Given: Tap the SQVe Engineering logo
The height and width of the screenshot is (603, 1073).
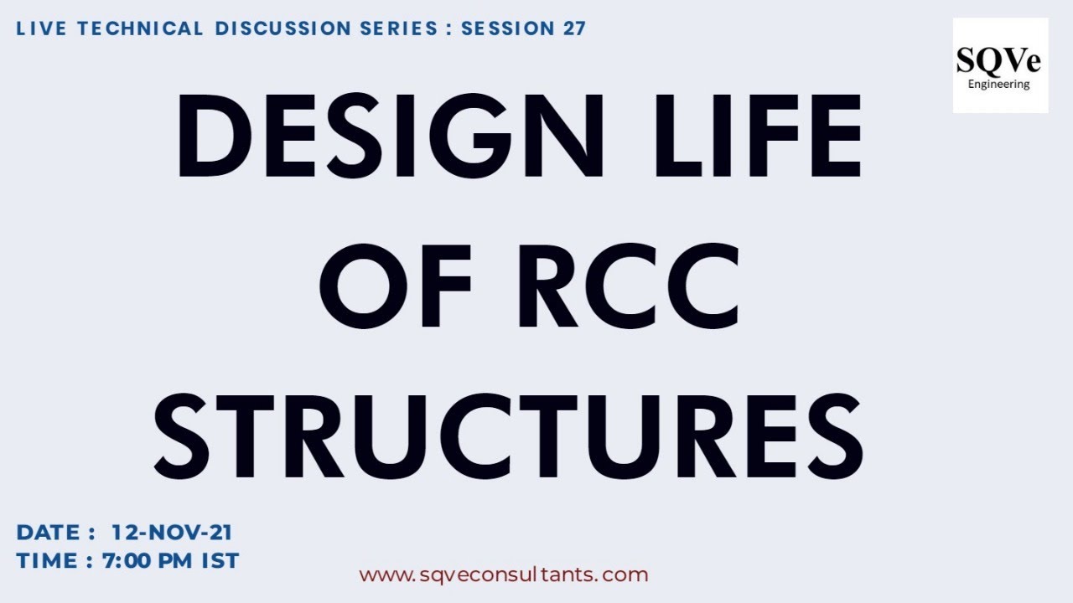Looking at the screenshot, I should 1000,65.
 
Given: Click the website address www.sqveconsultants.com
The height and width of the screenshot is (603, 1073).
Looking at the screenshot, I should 504,575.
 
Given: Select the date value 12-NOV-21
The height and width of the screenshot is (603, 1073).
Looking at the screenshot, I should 172,533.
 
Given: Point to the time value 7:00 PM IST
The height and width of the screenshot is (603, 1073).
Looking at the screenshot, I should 171,560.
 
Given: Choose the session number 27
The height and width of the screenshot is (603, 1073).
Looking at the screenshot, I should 569,28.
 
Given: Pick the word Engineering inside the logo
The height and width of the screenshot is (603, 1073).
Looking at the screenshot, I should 999,84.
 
